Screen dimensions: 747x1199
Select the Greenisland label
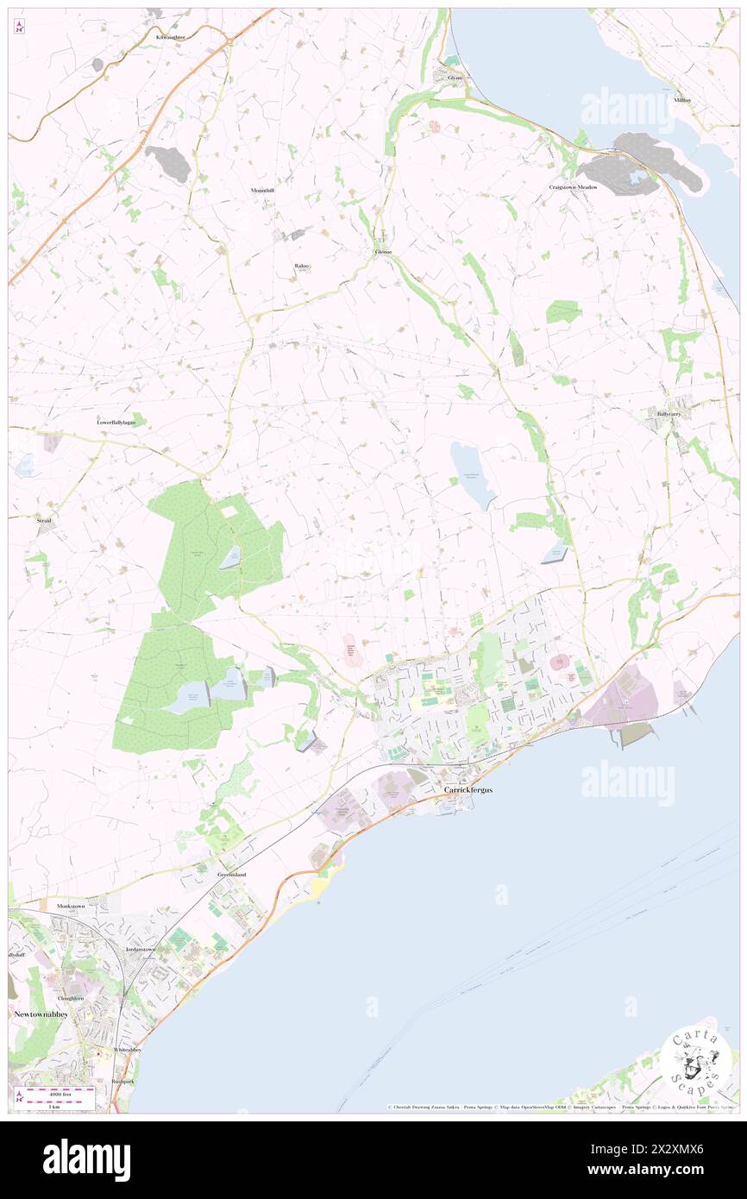[x=231, y=875]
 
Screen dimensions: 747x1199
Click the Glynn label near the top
[x=455, y=78]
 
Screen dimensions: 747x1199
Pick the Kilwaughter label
[x=171, y=38]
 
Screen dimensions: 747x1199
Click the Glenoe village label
[x=383, y=252]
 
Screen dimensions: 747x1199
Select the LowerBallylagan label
[x=116, y=423]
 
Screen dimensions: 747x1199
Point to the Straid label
[x=43, y=521]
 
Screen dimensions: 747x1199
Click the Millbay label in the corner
[x=683, y=100]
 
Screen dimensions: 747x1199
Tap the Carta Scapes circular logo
[x=695, y=1060]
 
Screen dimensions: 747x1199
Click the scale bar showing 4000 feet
[x=60, y=1093]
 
